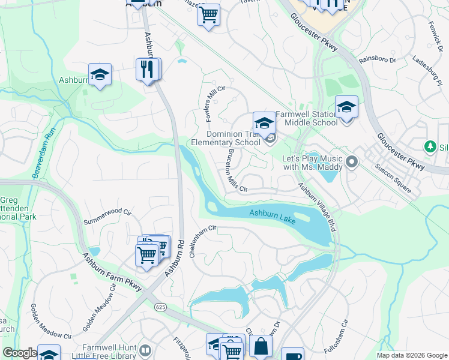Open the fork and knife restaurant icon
click(x=148, y=69)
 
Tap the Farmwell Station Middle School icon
click(x=346, y=108)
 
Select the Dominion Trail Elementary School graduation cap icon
click(x=264, y=124)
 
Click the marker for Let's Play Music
click(x=352, y=162)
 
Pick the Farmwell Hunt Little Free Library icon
click(x=145, y=350)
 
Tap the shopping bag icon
click(x=261, y=346)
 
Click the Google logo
click(x=20, y=353)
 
